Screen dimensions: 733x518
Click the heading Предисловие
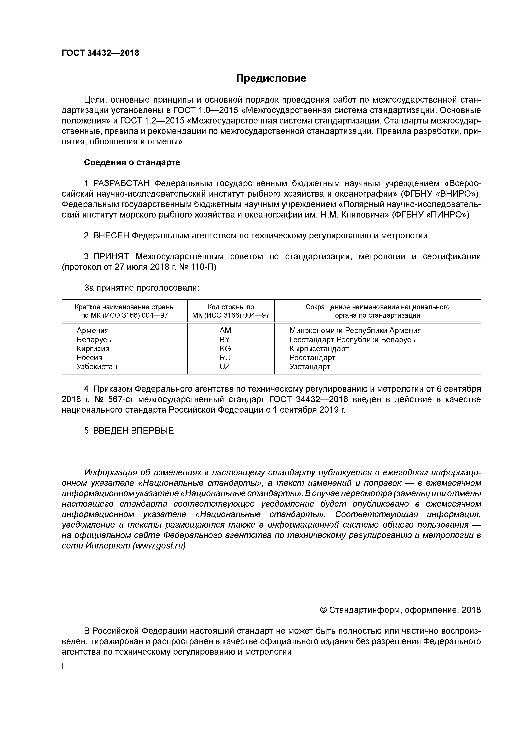pos(271,78)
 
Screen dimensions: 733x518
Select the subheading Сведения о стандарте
pos(132,163)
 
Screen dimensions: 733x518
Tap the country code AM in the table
pos(225,330)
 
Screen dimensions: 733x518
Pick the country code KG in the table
pos(225,348)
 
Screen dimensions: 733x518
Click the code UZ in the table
pos(225,366)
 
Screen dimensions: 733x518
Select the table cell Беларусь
pos(94,339)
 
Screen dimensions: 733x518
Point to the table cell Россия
pos(89,358)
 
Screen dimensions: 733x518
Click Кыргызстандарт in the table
pos(319,348)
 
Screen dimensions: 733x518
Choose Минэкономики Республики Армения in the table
pos(355,330)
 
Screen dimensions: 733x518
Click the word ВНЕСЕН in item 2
pos(111,236)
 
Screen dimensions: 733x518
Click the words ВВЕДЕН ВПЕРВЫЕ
pos(133,431)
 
